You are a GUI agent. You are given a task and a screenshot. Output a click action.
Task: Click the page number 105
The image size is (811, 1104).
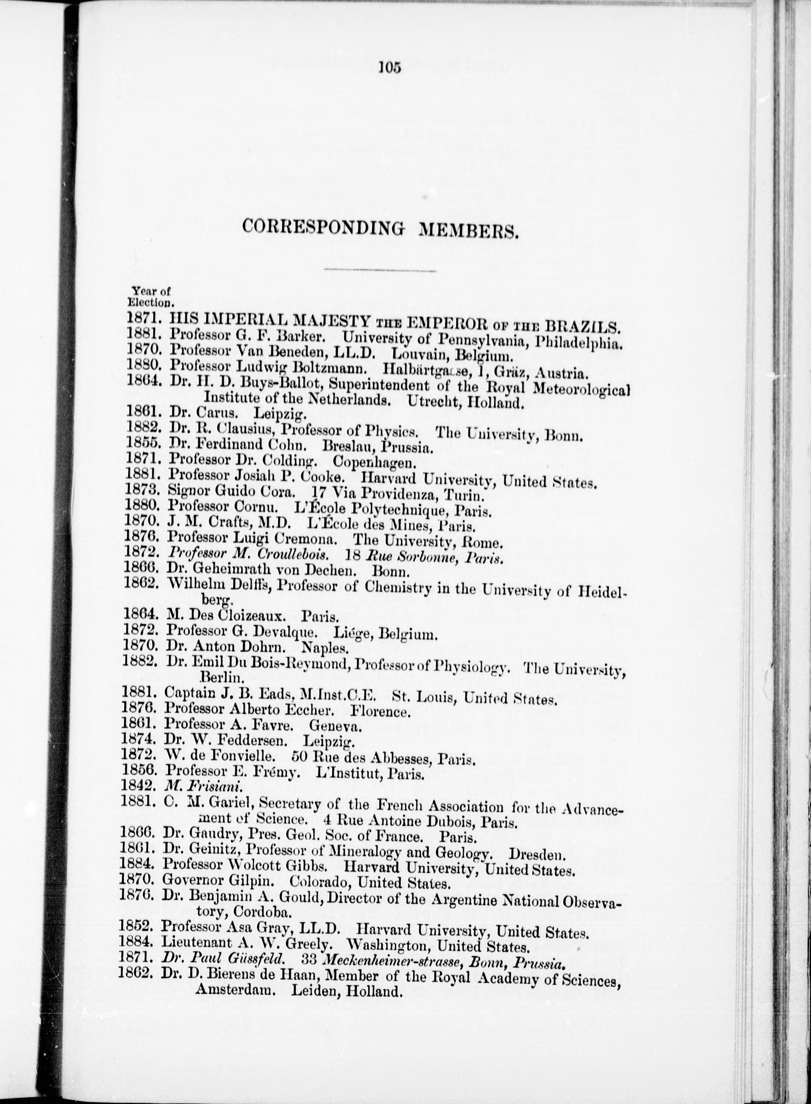click(390, 67)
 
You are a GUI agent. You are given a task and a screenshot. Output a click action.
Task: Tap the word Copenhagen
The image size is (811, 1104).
click(374, 463)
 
